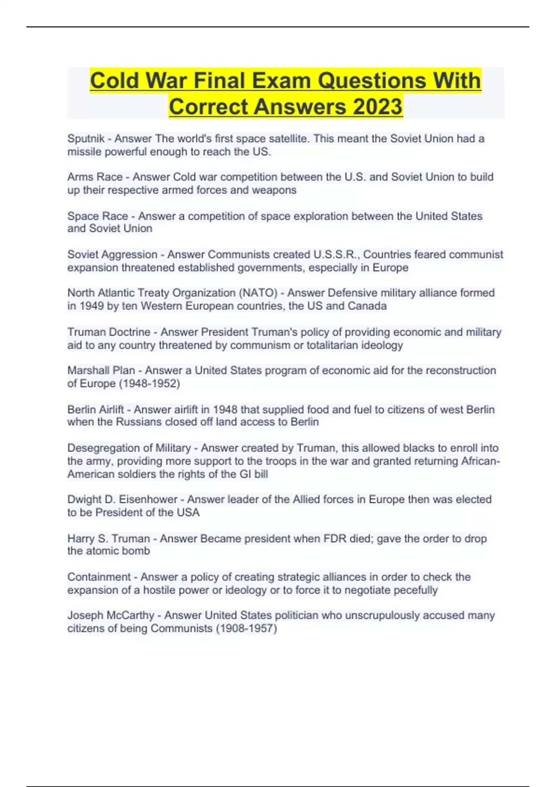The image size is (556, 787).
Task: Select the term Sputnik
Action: [x=86, y=138]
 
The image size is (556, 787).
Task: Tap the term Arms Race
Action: [x=95, y=177]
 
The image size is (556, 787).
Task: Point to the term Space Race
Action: [x=97, y=216]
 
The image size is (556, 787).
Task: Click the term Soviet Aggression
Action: [x=112, y=255]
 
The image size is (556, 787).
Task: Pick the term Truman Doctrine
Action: [x=108, y=332]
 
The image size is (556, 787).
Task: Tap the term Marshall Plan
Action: [x=101, y=370]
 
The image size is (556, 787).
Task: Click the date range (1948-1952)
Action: [x=149, y=384]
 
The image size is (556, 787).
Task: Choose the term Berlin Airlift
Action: [x=95, y=410]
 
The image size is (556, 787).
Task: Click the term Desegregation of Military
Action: [x=129, y=448]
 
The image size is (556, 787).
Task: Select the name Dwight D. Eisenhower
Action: [x=122, y=500]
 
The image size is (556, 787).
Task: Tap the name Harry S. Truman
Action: [x=108, y=539]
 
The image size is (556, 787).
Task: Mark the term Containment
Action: [x=99, y=577]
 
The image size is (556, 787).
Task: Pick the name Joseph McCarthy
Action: [x=110, y=616]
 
